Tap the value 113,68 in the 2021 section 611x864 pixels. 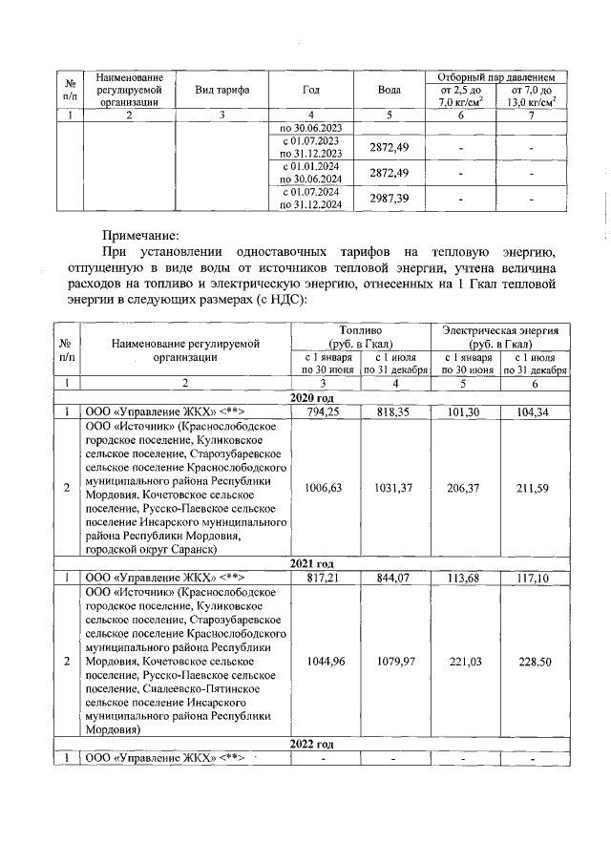[468, 579]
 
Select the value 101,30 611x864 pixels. [468, 411]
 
